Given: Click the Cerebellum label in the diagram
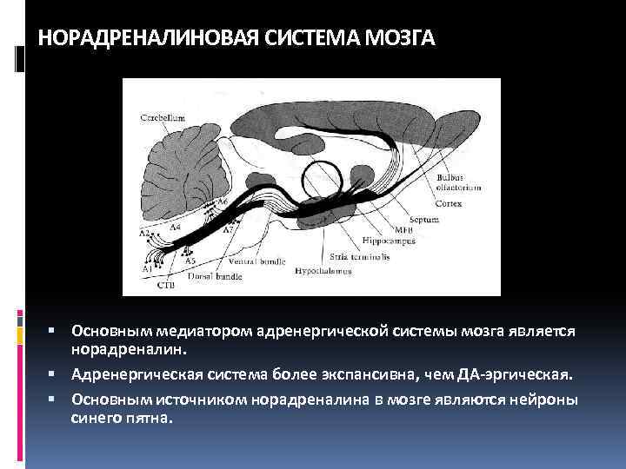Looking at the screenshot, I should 162,116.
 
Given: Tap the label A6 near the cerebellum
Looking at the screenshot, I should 223,201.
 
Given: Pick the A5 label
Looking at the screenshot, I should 190,261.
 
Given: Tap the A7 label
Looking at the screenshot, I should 228,231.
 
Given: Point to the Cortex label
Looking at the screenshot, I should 450,203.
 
